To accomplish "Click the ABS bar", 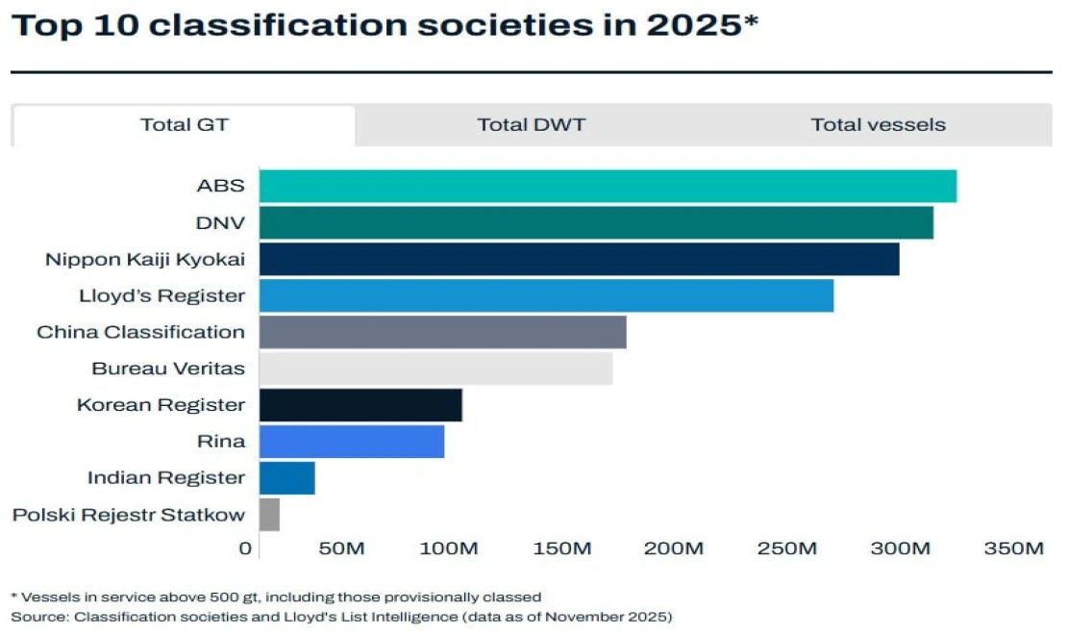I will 608,186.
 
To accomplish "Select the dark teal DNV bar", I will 596,222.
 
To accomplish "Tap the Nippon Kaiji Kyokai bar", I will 579,259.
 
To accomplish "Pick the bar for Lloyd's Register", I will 546,295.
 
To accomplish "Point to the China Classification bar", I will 442,332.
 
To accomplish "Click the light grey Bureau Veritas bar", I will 435,368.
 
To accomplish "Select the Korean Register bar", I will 360,405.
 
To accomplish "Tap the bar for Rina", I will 352,442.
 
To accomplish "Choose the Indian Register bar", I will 286,478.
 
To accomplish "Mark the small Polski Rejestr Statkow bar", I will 269,515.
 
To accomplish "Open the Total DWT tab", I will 531,125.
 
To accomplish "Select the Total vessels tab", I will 878,125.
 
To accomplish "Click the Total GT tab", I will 185,125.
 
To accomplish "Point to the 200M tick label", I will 674,548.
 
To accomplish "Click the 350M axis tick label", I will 1013,548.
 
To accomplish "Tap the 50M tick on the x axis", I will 341,548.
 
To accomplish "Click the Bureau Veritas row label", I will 168,368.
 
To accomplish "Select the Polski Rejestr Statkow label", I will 128,515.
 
